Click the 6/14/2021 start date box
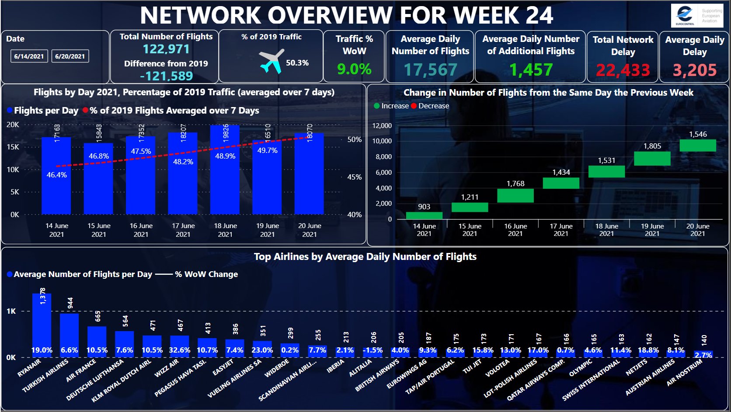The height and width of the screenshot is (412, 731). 29,56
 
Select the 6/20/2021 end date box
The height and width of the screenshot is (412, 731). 70,56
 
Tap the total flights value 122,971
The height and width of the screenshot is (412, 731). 166,49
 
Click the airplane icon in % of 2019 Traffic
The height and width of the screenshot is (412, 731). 272,62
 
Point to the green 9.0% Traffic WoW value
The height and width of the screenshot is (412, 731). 354,69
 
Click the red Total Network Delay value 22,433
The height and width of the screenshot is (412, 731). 623,70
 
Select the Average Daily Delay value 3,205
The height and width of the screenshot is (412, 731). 695,70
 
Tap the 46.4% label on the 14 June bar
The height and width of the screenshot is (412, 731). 56,175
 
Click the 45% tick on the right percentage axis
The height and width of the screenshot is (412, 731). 355,177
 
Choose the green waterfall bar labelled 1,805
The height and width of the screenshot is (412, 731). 652,159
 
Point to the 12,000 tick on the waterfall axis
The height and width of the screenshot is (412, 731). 382,126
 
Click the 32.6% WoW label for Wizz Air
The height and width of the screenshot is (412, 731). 179,350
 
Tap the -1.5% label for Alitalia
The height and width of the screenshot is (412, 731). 372,350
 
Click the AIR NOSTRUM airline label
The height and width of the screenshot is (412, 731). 684,372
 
